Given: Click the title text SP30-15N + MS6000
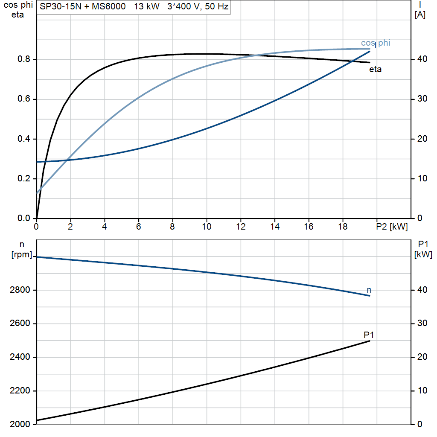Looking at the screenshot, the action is [82, 6].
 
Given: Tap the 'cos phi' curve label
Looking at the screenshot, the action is [376, 43].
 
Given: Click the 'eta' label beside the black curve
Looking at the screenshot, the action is [375, 70].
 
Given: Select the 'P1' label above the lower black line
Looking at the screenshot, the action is [368, 335].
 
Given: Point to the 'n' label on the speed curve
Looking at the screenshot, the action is [369, 290].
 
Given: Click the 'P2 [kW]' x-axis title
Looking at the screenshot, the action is [392, 227].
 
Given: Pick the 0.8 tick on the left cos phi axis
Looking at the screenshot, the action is [24, 59].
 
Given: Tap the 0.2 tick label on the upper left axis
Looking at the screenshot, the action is [24, 178].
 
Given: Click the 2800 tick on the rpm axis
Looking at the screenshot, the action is [20, 290].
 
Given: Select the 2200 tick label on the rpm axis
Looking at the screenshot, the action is [20, 391].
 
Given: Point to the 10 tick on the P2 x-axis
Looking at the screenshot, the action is [207, 227].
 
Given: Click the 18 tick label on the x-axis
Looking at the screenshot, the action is [343, 227].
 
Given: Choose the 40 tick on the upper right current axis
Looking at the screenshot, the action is [422, 59].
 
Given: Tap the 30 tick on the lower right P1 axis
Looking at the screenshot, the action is [422, 323].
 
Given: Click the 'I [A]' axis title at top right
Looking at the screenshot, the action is [420, 10].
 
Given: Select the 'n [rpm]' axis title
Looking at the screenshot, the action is [22, 250].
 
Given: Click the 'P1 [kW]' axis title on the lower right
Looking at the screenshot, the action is [423, 250].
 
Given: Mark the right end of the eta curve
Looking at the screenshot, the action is [370, 62].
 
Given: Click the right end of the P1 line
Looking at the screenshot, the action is [370, 341].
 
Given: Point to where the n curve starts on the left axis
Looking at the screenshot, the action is [37, 257].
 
